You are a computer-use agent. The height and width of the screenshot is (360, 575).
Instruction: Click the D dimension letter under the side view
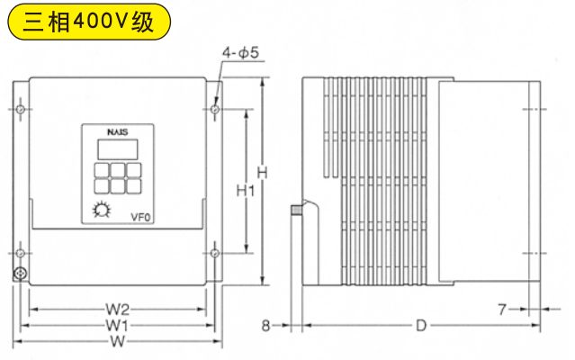click(x=421, y=325)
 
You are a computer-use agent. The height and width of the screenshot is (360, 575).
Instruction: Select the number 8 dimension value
click(x=266, y=325)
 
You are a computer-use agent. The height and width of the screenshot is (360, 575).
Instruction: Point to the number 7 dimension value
click(x=501, y=310)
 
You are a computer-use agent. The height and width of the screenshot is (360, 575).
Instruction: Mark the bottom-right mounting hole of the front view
click(x=215, y=253)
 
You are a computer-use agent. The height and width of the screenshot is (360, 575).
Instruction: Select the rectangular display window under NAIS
click(x=116, y=149)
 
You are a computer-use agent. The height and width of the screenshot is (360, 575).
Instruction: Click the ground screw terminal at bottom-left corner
click(x=20, y=273)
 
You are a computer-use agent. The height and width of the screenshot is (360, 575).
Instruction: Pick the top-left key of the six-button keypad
click(x=100, y=170)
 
